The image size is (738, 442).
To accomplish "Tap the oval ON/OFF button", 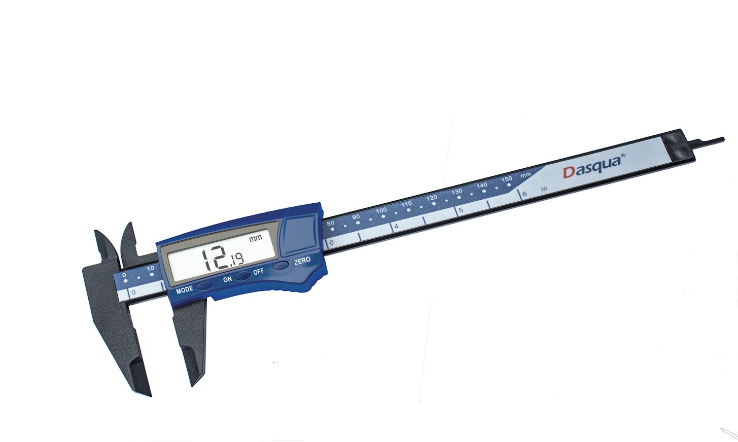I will tap(243, 275).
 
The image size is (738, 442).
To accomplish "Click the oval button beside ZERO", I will tap(280, 265).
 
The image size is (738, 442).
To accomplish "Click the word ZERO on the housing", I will tap(302, 261).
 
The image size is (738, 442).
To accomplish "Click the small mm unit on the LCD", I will tap(255, 238).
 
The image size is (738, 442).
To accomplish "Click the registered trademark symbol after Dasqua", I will tap(623, 156).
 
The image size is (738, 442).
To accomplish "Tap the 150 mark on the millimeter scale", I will tap(507, 179).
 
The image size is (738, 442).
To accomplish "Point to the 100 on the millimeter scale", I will tap(381, 210).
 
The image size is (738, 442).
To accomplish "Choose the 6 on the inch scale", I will tap(524, 194).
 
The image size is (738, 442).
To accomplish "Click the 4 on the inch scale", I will tap(396, 226).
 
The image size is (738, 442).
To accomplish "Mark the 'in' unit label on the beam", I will tap(544, 189).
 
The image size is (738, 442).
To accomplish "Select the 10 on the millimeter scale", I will tap(151, 269).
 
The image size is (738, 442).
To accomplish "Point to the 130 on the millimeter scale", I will tap(457, 192).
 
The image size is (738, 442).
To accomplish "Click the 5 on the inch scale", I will tap(461, 210).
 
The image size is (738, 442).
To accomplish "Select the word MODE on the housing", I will tap(185, 290).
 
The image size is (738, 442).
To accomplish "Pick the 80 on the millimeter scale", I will tap(331, 223).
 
